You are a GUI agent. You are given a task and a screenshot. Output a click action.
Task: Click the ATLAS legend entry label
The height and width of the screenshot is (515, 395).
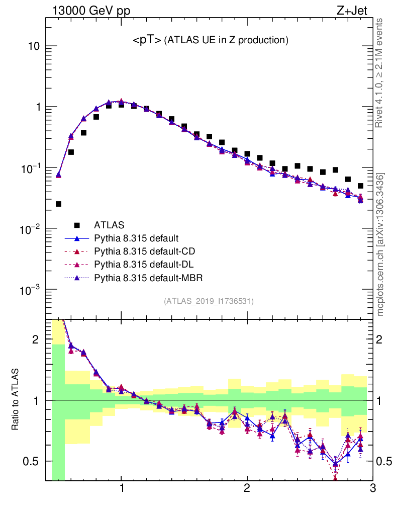click(x=109, y=224)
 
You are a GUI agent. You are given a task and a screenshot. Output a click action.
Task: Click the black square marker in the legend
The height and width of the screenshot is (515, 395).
click(x=77, y=224)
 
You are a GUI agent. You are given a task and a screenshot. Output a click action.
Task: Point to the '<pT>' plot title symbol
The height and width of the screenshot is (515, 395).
click(x=147, y=41)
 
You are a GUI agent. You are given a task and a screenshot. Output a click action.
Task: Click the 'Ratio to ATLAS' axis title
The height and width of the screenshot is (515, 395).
click(x=16, y=399)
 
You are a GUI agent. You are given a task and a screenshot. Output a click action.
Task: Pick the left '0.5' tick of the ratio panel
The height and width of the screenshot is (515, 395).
click(x=31, y=461)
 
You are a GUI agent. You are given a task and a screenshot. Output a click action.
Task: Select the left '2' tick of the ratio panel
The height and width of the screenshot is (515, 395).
click(x=35, y=339)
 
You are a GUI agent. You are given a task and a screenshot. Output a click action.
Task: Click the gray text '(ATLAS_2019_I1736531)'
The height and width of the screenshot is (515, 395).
click(x=209, y=301)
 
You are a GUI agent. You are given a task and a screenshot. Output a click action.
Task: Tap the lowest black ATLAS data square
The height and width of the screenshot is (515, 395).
click(x=58, y=204)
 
